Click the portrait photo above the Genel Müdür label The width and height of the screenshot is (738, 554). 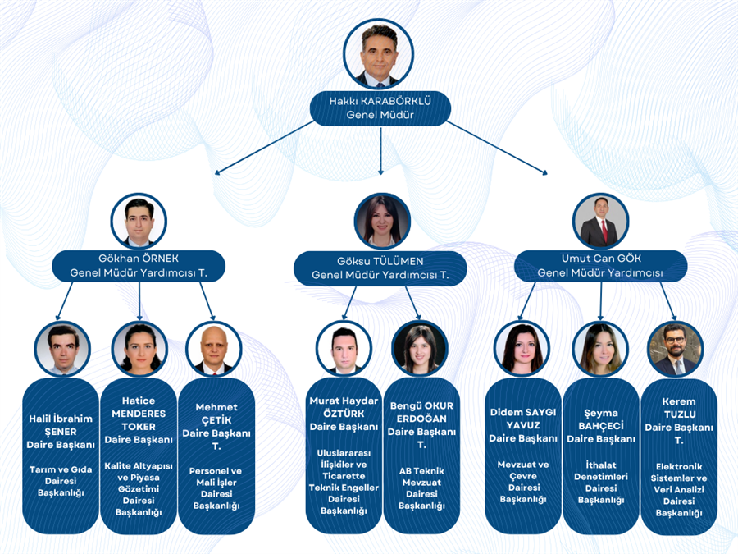pos(378,53)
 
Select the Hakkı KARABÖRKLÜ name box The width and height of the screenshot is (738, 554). pos(380,108)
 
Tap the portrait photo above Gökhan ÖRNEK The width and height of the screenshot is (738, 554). pos(139,221)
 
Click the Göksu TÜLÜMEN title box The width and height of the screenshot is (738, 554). pos(380,268)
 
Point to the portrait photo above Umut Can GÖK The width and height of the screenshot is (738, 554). pos(601,221)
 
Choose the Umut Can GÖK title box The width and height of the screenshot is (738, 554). pos(600,266)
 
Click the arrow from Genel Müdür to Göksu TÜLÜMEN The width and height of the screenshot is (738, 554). pos(380,151)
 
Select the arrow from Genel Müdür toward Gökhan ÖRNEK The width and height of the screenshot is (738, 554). pos(265,148)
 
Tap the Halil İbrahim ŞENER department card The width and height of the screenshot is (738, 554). pos(61,456)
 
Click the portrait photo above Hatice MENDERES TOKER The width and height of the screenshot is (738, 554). pos(139,349)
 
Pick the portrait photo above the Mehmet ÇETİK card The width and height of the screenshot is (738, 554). pos(214,349)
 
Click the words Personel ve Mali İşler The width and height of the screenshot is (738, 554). pos(216,476)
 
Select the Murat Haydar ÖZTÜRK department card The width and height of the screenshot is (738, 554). pos(344,456)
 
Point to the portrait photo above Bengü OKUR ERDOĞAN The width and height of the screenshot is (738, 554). pos(420,349)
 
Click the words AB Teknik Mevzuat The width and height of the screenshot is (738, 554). pos(421,476)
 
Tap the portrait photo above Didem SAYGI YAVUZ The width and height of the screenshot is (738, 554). pos(522,349)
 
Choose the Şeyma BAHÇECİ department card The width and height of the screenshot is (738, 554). pos(601,456)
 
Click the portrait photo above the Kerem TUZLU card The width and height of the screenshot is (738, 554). pos(676,349)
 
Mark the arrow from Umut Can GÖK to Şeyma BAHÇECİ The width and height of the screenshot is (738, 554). pos(600,301)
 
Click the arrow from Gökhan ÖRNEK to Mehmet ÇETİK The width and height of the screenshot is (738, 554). pos(207,301)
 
